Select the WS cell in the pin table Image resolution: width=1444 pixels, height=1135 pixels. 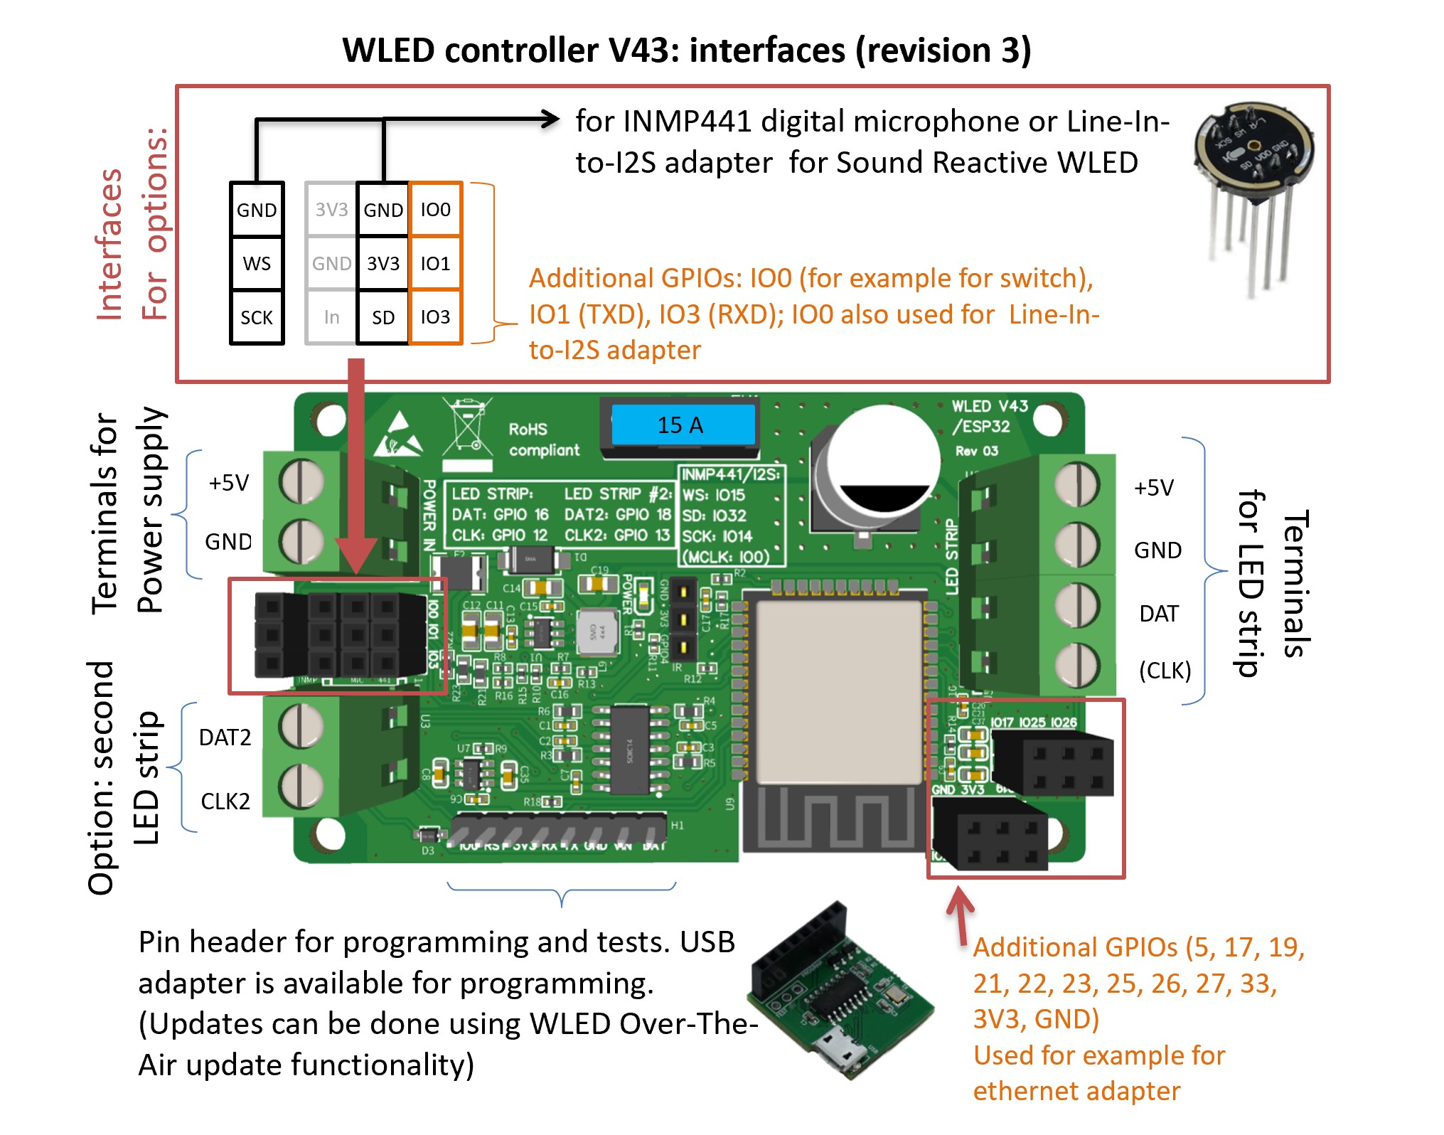coord(257,263)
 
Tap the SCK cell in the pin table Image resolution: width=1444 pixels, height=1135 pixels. coord(257,317)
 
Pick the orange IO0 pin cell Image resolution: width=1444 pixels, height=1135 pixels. coord(435,210)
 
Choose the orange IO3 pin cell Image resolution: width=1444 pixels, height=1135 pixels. coord(435,317)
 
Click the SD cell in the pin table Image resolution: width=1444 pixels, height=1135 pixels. coord(383,317)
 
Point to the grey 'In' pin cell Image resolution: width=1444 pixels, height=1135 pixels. coord(331,317)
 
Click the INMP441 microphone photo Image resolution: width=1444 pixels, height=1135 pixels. coord(1253,192)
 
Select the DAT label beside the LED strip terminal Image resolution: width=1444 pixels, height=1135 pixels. coord(1159,614)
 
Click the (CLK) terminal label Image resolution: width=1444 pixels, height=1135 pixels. coord(1165,671)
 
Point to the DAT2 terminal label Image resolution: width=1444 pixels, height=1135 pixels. coord(225,737)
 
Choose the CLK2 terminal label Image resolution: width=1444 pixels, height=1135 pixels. coord(225,801)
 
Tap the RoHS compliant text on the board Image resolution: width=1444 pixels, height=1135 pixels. coord(544,439)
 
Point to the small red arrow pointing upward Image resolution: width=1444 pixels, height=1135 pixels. coord(961,914)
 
